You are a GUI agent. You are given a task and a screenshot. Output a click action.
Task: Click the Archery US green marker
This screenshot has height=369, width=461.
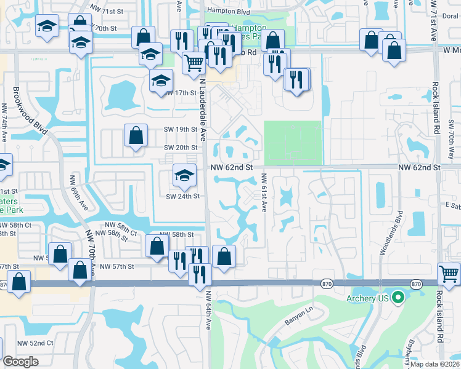click(398, 300)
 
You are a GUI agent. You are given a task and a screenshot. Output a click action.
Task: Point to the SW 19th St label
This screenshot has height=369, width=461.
click(181, 130)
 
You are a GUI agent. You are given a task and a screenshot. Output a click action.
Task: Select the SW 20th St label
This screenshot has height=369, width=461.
click(181, 148)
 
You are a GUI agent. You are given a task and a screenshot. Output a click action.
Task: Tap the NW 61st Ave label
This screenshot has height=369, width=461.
click(264, 192)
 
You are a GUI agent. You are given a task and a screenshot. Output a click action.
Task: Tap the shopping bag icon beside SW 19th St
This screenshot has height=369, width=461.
click(136, 135)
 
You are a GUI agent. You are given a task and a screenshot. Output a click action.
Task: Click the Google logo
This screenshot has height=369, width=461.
click(20, 362)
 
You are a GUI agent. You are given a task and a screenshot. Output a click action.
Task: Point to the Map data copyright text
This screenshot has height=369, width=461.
click(434, 363)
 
